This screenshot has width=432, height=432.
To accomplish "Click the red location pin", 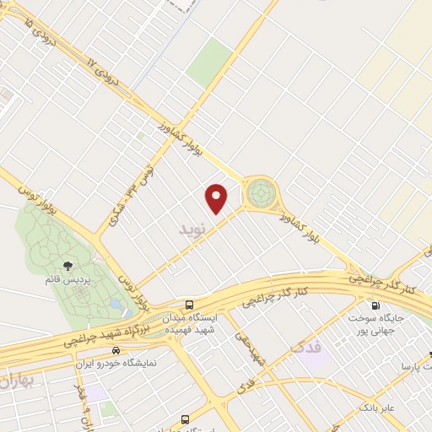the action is (x=217, y=197).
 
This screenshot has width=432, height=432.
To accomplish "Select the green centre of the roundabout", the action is (x=260, y=192).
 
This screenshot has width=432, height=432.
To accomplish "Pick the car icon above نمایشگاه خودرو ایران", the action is (x=117, y=349).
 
